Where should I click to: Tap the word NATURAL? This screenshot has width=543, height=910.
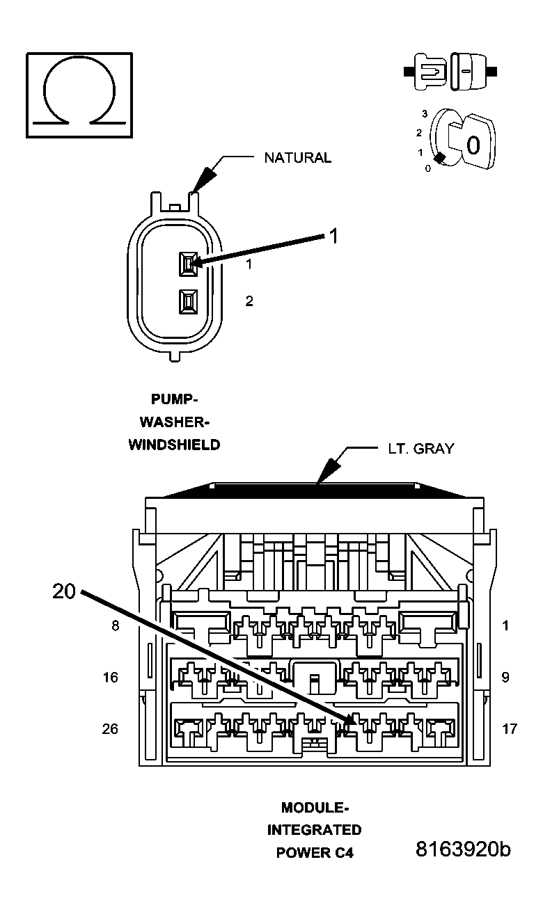tap(297, 158)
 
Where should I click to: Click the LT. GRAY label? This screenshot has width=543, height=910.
tap(420, 449)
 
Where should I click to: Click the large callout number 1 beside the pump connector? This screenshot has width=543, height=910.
tap(333, 237)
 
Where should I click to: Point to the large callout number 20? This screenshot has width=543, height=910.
tap(64, 591)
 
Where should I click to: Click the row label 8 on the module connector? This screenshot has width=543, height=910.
tap(115, 625)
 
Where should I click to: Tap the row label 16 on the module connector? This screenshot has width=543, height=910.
tap(111, 677)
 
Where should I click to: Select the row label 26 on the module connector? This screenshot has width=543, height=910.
tap(111, 729)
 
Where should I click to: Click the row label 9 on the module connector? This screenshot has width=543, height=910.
tap(505, 677)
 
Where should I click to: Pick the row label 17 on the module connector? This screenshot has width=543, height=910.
tap(510, 729)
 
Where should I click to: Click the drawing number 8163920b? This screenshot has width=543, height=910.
tap(463, 850)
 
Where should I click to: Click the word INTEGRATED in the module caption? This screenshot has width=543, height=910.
tap(315, 830)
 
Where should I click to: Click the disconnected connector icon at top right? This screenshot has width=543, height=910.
tap(449, 72)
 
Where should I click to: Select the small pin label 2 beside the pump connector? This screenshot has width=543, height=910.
tap(249, 301)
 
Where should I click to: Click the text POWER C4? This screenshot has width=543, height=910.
tap(315, 853)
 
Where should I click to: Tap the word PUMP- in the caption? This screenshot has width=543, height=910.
tap(175, 399)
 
